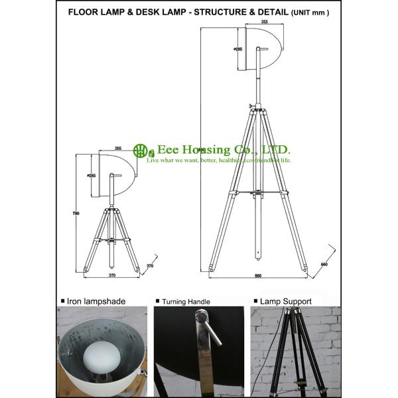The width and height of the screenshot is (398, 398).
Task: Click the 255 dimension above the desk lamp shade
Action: (x=118, y=149)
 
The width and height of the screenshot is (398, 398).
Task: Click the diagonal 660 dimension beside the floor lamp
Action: (x=324, y=265)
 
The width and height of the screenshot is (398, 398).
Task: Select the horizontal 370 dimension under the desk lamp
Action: (x=112, y=275)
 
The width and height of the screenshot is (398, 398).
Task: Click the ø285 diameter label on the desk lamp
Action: (x=92, y=175)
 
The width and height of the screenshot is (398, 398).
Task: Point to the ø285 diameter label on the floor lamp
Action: (x=237, y=49)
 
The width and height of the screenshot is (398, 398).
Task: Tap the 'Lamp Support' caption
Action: (x=286, y=301)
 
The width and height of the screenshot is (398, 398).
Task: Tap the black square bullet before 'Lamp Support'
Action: (x=255, y=301)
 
